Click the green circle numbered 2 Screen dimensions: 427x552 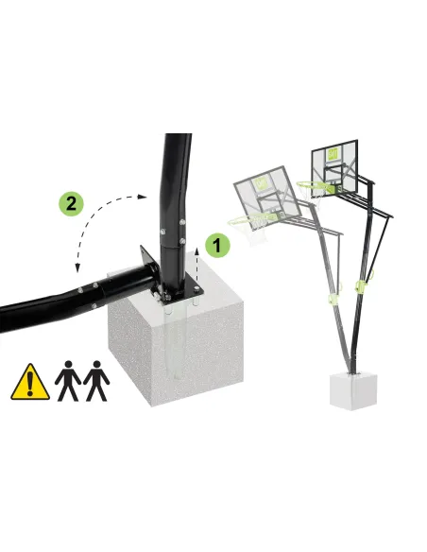(x=71, y=203)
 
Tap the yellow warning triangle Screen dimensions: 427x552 (x=30, y=382)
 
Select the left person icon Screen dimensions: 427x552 (x=68, y=381)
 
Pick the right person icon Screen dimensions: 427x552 (x=96, y=381)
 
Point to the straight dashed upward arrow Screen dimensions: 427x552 (x=196, y=264)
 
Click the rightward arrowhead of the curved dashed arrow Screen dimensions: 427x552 (x=142, y=197)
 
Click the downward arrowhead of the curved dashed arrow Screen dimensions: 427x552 (x=77, y=268)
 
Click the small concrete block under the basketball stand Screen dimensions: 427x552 (x=353, y=391)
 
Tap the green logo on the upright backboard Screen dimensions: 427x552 (x=332, y=154)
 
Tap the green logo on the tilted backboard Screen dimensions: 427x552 (x=261, y=183)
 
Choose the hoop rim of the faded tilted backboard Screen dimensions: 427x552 (x=252, y=219)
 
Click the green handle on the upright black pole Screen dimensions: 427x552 (x=363, y=285)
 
